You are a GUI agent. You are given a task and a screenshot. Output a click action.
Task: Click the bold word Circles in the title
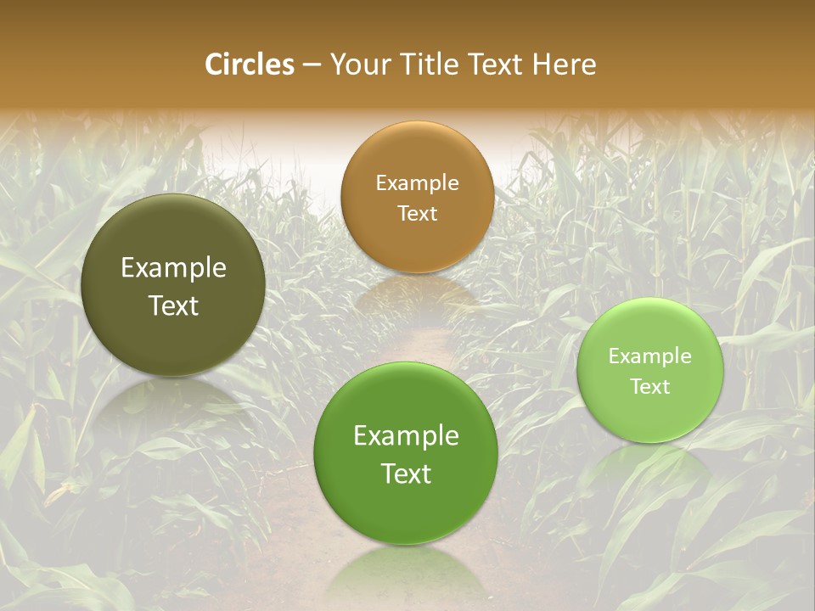(249, 64)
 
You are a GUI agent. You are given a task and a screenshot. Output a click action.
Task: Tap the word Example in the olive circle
(173, 268)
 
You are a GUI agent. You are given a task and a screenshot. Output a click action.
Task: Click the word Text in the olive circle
(173, 306)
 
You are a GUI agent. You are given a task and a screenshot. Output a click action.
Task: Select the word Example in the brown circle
(417, 183)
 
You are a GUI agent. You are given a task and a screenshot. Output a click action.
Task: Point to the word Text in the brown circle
(417, 214)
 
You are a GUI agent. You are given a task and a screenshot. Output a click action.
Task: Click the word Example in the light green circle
(650, 356)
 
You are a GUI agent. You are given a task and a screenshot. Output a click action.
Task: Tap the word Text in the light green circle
(650, 387)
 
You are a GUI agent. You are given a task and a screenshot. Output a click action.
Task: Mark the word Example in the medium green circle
(406, 436)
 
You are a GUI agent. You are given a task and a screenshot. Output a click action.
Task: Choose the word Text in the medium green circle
(406, 474)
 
